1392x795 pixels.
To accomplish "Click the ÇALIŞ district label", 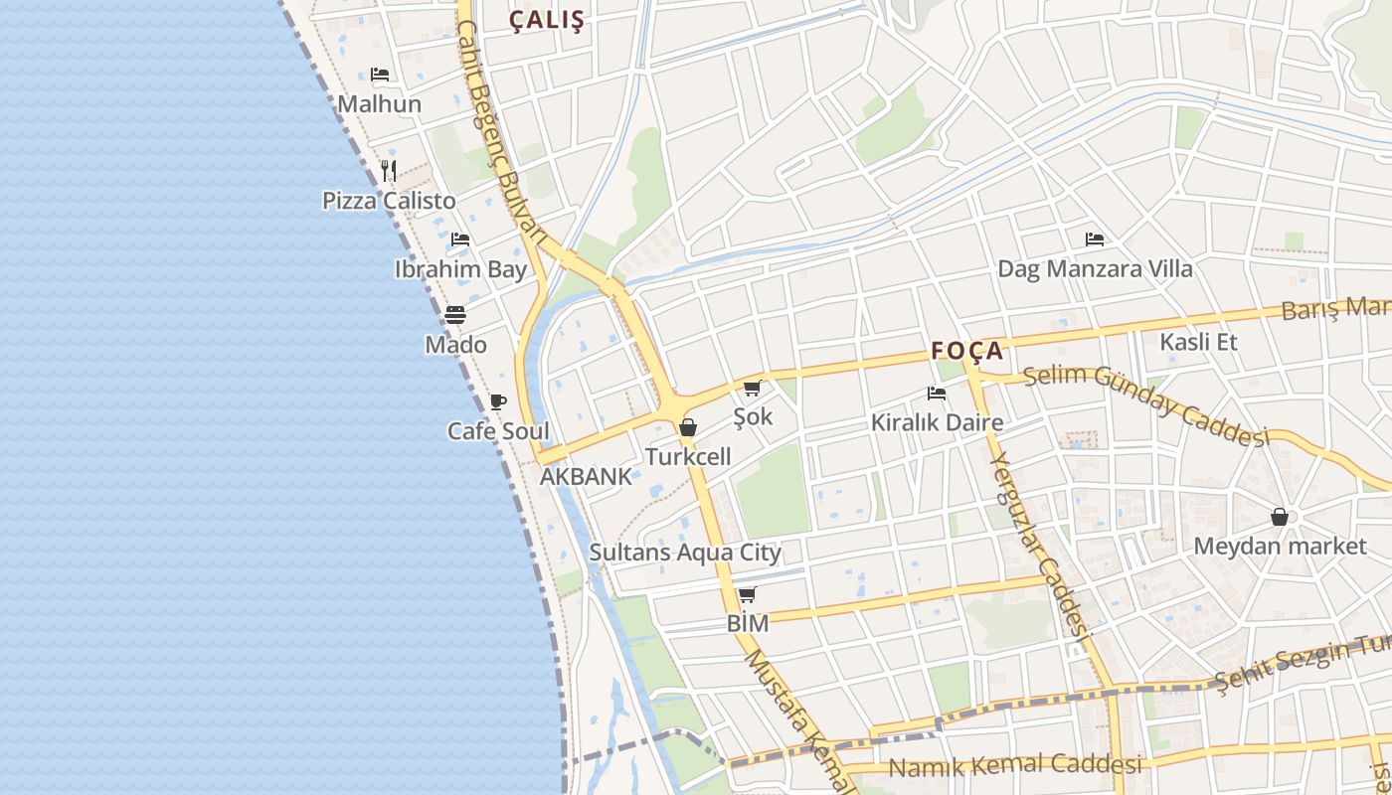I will tap(547, 20).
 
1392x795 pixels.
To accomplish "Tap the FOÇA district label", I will tap(967, 351).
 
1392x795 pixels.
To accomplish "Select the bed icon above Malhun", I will tap(379, 75).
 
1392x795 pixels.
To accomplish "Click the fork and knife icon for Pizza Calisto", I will tap(389, 171).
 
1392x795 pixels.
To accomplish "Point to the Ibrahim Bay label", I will tap(460, 269).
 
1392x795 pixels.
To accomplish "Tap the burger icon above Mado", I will tap(455, 315).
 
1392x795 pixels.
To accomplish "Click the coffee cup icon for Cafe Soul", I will tap(498, 402).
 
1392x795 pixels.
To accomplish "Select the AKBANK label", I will tap(586, 477).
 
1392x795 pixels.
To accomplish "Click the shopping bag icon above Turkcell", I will tap(687, 428).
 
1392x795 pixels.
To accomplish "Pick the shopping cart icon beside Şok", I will tap(752, 388).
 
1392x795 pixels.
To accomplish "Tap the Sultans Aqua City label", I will tap(685, 553).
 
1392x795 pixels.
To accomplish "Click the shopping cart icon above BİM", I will tap(747, 595).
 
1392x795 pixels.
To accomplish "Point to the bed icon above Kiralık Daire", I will tap(936, 394).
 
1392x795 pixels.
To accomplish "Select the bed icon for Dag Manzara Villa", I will tap(1095, 239).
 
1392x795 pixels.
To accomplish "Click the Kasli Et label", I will tap(1198, 342).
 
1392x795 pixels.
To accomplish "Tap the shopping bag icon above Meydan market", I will tap(1280, 518).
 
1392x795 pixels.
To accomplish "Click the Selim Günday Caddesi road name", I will tap(1146, 404).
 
